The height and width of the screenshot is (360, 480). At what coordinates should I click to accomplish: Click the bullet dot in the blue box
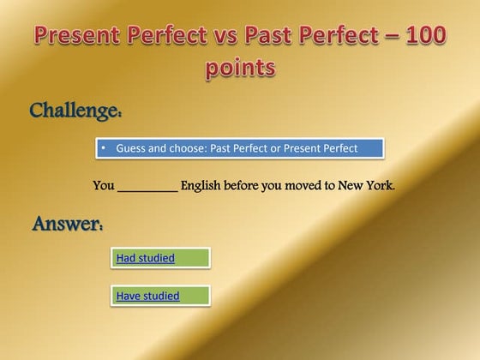[x=103, y=148]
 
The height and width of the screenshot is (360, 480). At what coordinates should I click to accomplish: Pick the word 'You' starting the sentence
[x=103, y=184]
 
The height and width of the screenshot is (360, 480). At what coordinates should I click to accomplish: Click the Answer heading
[x=69, y=225]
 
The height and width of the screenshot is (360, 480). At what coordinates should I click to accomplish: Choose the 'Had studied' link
[x=145, y=258]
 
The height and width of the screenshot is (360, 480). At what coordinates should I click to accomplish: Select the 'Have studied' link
[x=147, y=297]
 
